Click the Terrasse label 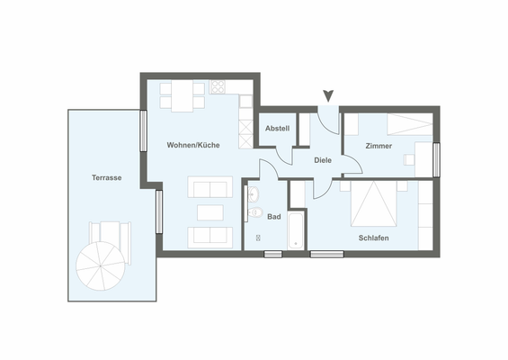(x=106, y=178)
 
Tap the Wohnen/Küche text (x=192, y=145)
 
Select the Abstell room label (x=277, y=129)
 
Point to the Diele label (x=323, y=160)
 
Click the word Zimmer (x=379, y=146)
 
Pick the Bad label (x=274, y=217)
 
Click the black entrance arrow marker (x=328, y=94)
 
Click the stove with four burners (x=217, y=88)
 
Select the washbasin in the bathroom (x=253, y=193)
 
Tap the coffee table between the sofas (x=209, y=212)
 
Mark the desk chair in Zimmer (x=408, y=159)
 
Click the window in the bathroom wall (x=272, y=255)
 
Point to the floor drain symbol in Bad (x=258, y=238)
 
